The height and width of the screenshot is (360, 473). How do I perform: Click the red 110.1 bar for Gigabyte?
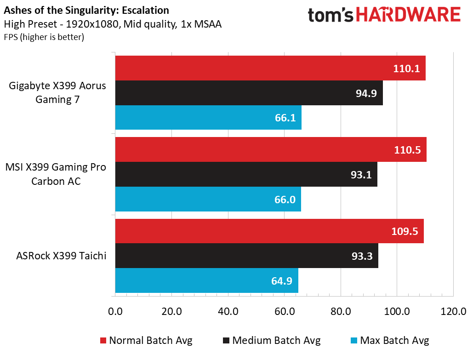tap(270, 69)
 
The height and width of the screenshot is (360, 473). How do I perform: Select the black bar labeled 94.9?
tap(249, 93)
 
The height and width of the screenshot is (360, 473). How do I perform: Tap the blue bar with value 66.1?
tap(208, 118)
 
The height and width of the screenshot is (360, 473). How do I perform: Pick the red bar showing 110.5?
tap(270, 150)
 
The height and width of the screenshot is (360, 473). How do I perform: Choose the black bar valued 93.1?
tap(246, 174)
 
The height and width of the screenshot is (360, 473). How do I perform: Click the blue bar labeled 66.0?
tap(208, 199)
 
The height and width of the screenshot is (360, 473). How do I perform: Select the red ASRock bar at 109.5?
tap(269, 231)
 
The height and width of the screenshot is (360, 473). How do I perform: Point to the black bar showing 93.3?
tap(246, 256)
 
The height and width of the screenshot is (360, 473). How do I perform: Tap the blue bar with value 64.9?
tap(206, 280)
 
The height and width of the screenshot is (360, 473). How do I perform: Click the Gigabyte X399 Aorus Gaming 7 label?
tap(57, 92)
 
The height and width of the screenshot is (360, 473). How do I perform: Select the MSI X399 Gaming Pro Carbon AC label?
tap(56, 174)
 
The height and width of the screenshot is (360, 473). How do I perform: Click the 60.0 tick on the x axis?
tap(284, 311)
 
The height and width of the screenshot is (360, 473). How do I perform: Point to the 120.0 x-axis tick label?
tap(453, 311)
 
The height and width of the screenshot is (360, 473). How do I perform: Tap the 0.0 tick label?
tap(115, 311)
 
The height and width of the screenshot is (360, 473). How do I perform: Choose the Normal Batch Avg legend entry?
tap(146, 341)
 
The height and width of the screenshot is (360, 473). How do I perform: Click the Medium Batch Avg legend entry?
tap(271, 341)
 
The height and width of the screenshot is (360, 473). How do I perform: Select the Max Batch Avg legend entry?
tap(389, 341)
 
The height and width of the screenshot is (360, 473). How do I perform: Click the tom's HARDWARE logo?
tap(384, 15)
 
